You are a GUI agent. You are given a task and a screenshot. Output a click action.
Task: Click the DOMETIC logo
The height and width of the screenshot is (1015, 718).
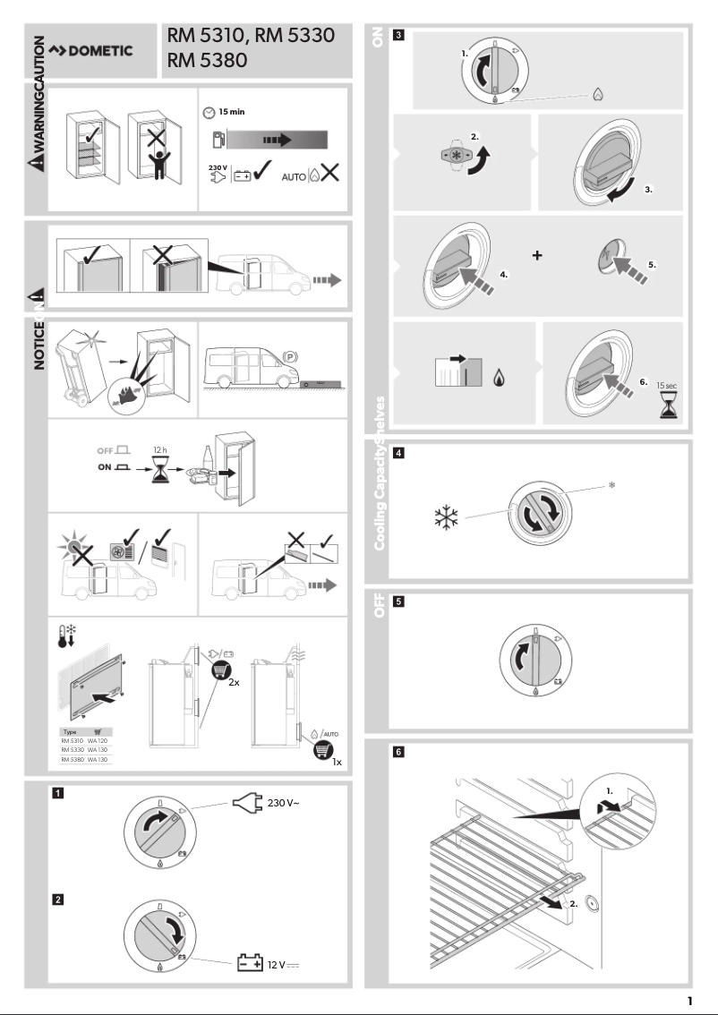[x=90, y=50]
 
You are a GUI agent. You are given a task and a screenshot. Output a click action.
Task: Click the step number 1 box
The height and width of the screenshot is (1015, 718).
[x=57, y=792]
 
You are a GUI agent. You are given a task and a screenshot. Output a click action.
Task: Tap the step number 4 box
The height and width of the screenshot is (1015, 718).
[x=398, y=452]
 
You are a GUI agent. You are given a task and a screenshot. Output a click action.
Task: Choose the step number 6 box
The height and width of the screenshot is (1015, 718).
[x=398, y=752]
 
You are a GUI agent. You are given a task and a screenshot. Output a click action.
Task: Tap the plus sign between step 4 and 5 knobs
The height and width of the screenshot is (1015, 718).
[x=538, y=255]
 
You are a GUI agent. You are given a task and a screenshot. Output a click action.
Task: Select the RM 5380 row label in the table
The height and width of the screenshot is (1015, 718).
[x=72, y=759]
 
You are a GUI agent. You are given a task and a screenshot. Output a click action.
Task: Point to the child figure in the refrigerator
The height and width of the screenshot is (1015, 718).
[x=158, y=165]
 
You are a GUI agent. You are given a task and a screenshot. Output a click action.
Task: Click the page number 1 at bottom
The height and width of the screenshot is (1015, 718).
[x=689, y=1000]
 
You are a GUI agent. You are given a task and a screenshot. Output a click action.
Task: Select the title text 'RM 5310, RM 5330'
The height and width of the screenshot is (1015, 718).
[x=251, y=37]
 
